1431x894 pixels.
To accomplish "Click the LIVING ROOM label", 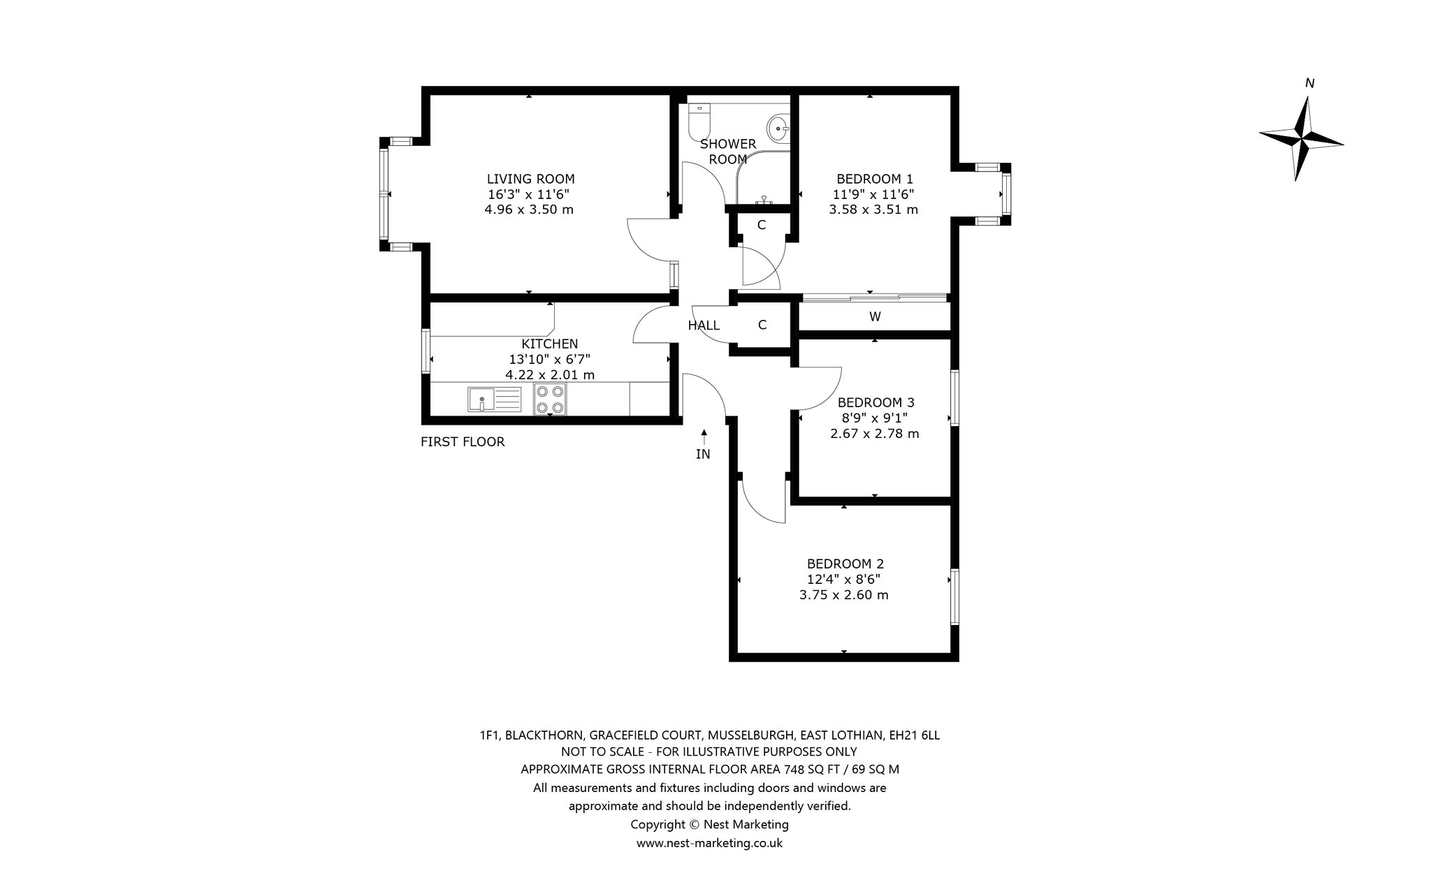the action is coord(530,179).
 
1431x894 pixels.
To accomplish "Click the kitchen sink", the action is coord(494,400).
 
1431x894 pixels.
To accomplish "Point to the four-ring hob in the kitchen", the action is coord(549,400).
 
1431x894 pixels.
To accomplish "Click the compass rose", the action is coord(1301,138).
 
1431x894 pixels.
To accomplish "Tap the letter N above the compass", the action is coord(1309,84).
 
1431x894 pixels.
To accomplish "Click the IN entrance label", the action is coord(703,454).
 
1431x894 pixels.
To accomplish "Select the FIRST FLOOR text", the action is coord(463,441).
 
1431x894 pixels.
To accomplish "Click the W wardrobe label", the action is coord(875,316).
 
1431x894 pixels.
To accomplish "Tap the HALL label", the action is coord(704,325).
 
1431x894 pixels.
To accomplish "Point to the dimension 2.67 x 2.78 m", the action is coord(874,434).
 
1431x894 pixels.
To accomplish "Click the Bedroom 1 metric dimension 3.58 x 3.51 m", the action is coord(873,210).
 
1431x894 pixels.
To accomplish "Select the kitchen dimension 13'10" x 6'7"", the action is coord(550,359).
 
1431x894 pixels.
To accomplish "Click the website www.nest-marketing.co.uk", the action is coord(709,843).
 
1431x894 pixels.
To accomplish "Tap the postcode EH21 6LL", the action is coord(914,735).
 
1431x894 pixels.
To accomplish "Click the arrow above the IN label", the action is coord(704,437).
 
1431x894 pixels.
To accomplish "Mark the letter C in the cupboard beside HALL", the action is coord(762,325).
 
